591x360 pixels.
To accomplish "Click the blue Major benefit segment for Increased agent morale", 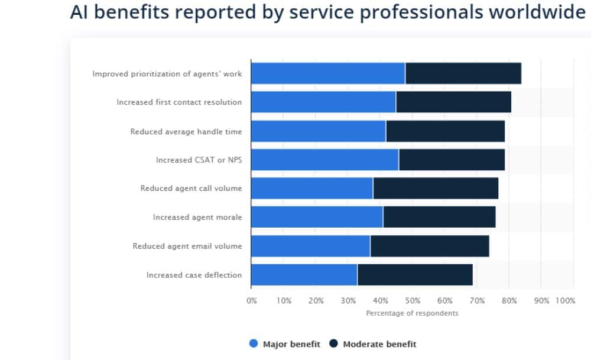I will pos(317,217).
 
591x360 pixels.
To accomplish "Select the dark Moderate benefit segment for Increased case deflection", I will pos(415,275).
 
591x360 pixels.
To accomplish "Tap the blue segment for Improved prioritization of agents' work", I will pos(328,73).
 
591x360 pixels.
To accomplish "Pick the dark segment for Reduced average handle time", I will pos(445,131).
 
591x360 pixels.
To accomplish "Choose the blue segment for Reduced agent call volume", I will pos(312,189).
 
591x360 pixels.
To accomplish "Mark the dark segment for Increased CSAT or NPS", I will pos(452,160).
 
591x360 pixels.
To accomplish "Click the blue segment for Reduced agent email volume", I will pos(310,246).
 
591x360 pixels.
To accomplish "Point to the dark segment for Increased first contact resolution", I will pos(453,102).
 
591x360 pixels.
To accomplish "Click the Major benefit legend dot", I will pos(254,344).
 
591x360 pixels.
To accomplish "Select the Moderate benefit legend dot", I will pos(334,344).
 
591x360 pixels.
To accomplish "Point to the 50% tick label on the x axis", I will pos(413,301).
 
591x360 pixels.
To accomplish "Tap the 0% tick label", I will pos(252,301).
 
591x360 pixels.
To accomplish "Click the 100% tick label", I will pos(566,301).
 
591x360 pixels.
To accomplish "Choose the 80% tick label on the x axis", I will pos(509,301).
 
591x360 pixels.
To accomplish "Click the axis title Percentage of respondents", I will pos(412,313).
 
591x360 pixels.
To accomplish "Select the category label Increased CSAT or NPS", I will pos(199,160).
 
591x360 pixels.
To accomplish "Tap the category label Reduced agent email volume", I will pos(187,246).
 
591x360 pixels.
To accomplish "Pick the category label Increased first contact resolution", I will pos(179,102).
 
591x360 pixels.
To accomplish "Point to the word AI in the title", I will pos(79,12).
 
